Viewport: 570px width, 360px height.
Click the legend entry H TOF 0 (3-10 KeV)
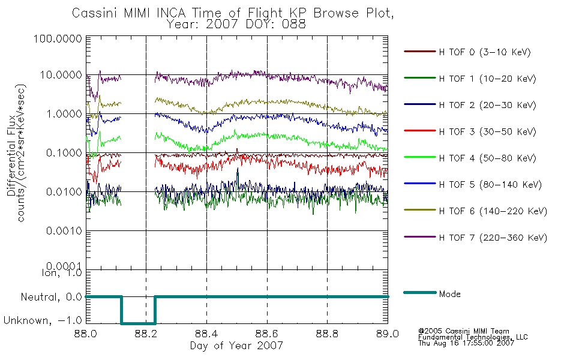485,52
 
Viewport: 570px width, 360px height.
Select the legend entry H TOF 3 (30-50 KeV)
487,131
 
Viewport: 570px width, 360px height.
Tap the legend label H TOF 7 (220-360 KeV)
493,238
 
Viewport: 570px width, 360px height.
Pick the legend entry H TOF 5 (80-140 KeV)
490,185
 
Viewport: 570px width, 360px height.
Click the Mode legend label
449,294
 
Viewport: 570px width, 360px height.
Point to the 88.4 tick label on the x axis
207,334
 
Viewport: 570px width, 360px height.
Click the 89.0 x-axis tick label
388,334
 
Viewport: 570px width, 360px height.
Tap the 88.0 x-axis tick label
86,334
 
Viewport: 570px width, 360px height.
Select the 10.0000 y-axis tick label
61,75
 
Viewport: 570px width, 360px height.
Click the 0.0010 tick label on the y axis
64,231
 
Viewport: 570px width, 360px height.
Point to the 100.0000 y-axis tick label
58,38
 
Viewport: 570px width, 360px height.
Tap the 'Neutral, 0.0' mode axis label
51,297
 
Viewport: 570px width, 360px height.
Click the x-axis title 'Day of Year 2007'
236,345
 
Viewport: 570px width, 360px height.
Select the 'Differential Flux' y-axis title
11,155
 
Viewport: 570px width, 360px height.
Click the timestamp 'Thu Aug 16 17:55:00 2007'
466,343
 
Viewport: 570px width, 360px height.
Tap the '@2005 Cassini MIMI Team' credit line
463,331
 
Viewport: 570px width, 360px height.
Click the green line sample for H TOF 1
419,78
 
